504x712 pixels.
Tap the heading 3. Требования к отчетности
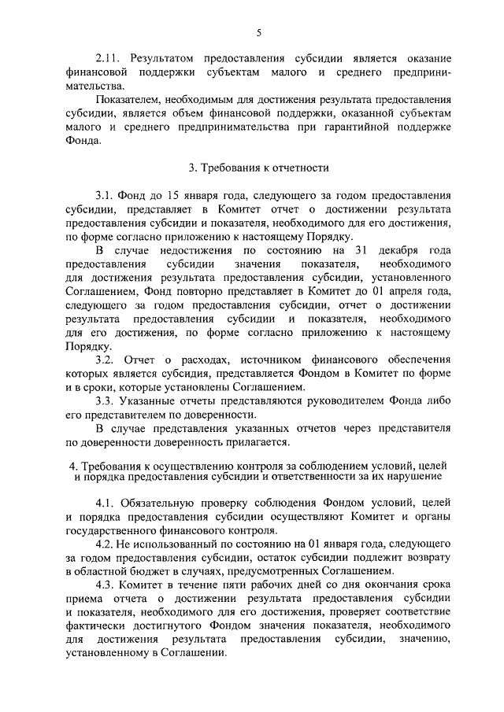pos(258,168)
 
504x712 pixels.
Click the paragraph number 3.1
pos(106,196)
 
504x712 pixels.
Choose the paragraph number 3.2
pos(106,360)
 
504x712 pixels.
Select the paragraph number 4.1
pos(106,503)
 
